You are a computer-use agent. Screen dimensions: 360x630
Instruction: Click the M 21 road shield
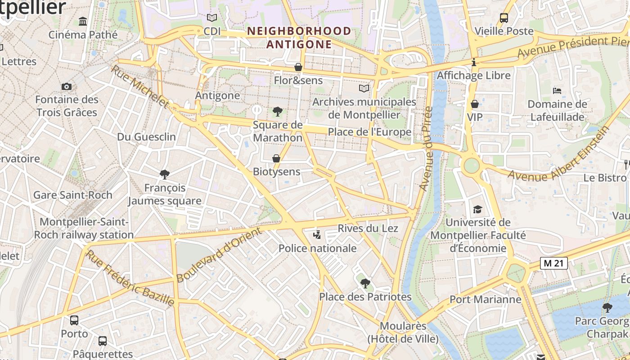553,264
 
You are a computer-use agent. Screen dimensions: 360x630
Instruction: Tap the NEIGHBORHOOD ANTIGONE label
299,38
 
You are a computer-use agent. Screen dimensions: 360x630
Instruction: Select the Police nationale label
317,248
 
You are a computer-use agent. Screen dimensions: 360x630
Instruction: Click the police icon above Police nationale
318,234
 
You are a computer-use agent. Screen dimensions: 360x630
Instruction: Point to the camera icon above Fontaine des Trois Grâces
67,86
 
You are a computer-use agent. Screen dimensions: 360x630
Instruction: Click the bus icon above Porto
74,320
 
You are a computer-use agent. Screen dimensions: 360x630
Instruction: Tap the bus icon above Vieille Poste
504,18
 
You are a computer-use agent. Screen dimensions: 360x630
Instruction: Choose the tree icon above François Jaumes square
165,174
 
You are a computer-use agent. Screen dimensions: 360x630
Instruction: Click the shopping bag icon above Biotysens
276,158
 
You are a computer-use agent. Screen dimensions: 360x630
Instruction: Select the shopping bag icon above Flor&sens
298,67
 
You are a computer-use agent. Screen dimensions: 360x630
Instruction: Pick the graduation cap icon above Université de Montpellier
477,209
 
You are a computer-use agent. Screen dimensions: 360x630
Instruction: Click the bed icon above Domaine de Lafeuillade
557,90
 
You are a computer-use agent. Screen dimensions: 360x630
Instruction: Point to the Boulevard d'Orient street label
219,255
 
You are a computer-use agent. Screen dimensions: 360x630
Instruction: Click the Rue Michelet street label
140,87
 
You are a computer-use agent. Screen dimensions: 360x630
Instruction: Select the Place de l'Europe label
369,132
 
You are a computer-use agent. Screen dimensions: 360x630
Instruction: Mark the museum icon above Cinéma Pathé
83,21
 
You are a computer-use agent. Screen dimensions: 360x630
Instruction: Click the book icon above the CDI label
211,18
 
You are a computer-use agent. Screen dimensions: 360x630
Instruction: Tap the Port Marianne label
485,300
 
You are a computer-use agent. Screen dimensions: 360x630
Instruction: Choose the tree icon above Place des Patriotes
365,283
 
